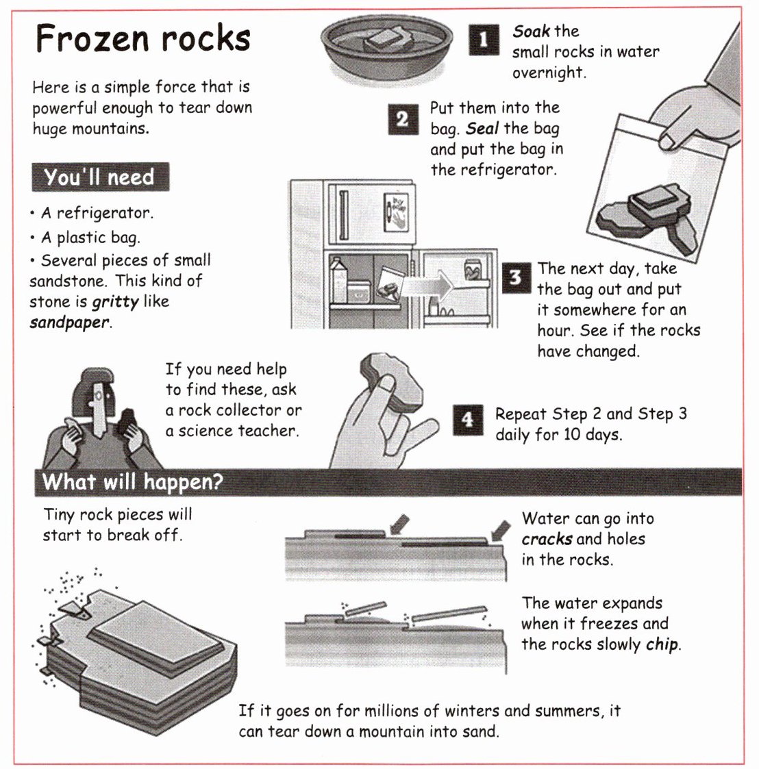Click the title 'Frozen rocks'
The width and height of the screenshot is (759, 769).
click(142, 38)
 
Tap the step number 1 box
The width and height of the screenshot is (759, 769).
click(483, 39)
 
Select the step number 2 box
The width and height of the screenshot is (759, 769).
click(403, 119)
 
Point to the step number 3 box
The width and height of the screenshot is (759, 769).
click(516, 278)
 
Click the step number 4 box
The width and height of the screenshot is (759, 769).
click(468, 420)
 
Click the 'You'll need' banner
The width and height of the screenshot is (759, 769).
click(100, 177)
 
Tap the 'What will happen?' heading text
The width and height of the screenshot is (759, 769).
click(132, 481)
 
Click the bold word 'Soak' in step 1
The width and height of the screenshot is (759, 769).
click(531, 31)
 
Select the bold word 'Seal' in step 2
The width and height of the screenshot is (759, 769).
click(482, 129)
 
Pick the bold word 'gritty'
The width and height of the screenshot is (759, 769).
click(116, 301)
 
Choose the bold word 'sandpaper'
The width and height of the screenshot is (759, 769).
click(69, 323)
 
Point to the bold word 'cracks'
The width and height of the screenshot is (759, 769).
click(547, 540)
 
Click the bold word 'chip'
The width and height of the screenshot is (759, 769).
click(662, 644)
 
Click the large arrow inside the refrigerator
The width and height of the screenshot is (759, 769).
click(427, 286)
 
